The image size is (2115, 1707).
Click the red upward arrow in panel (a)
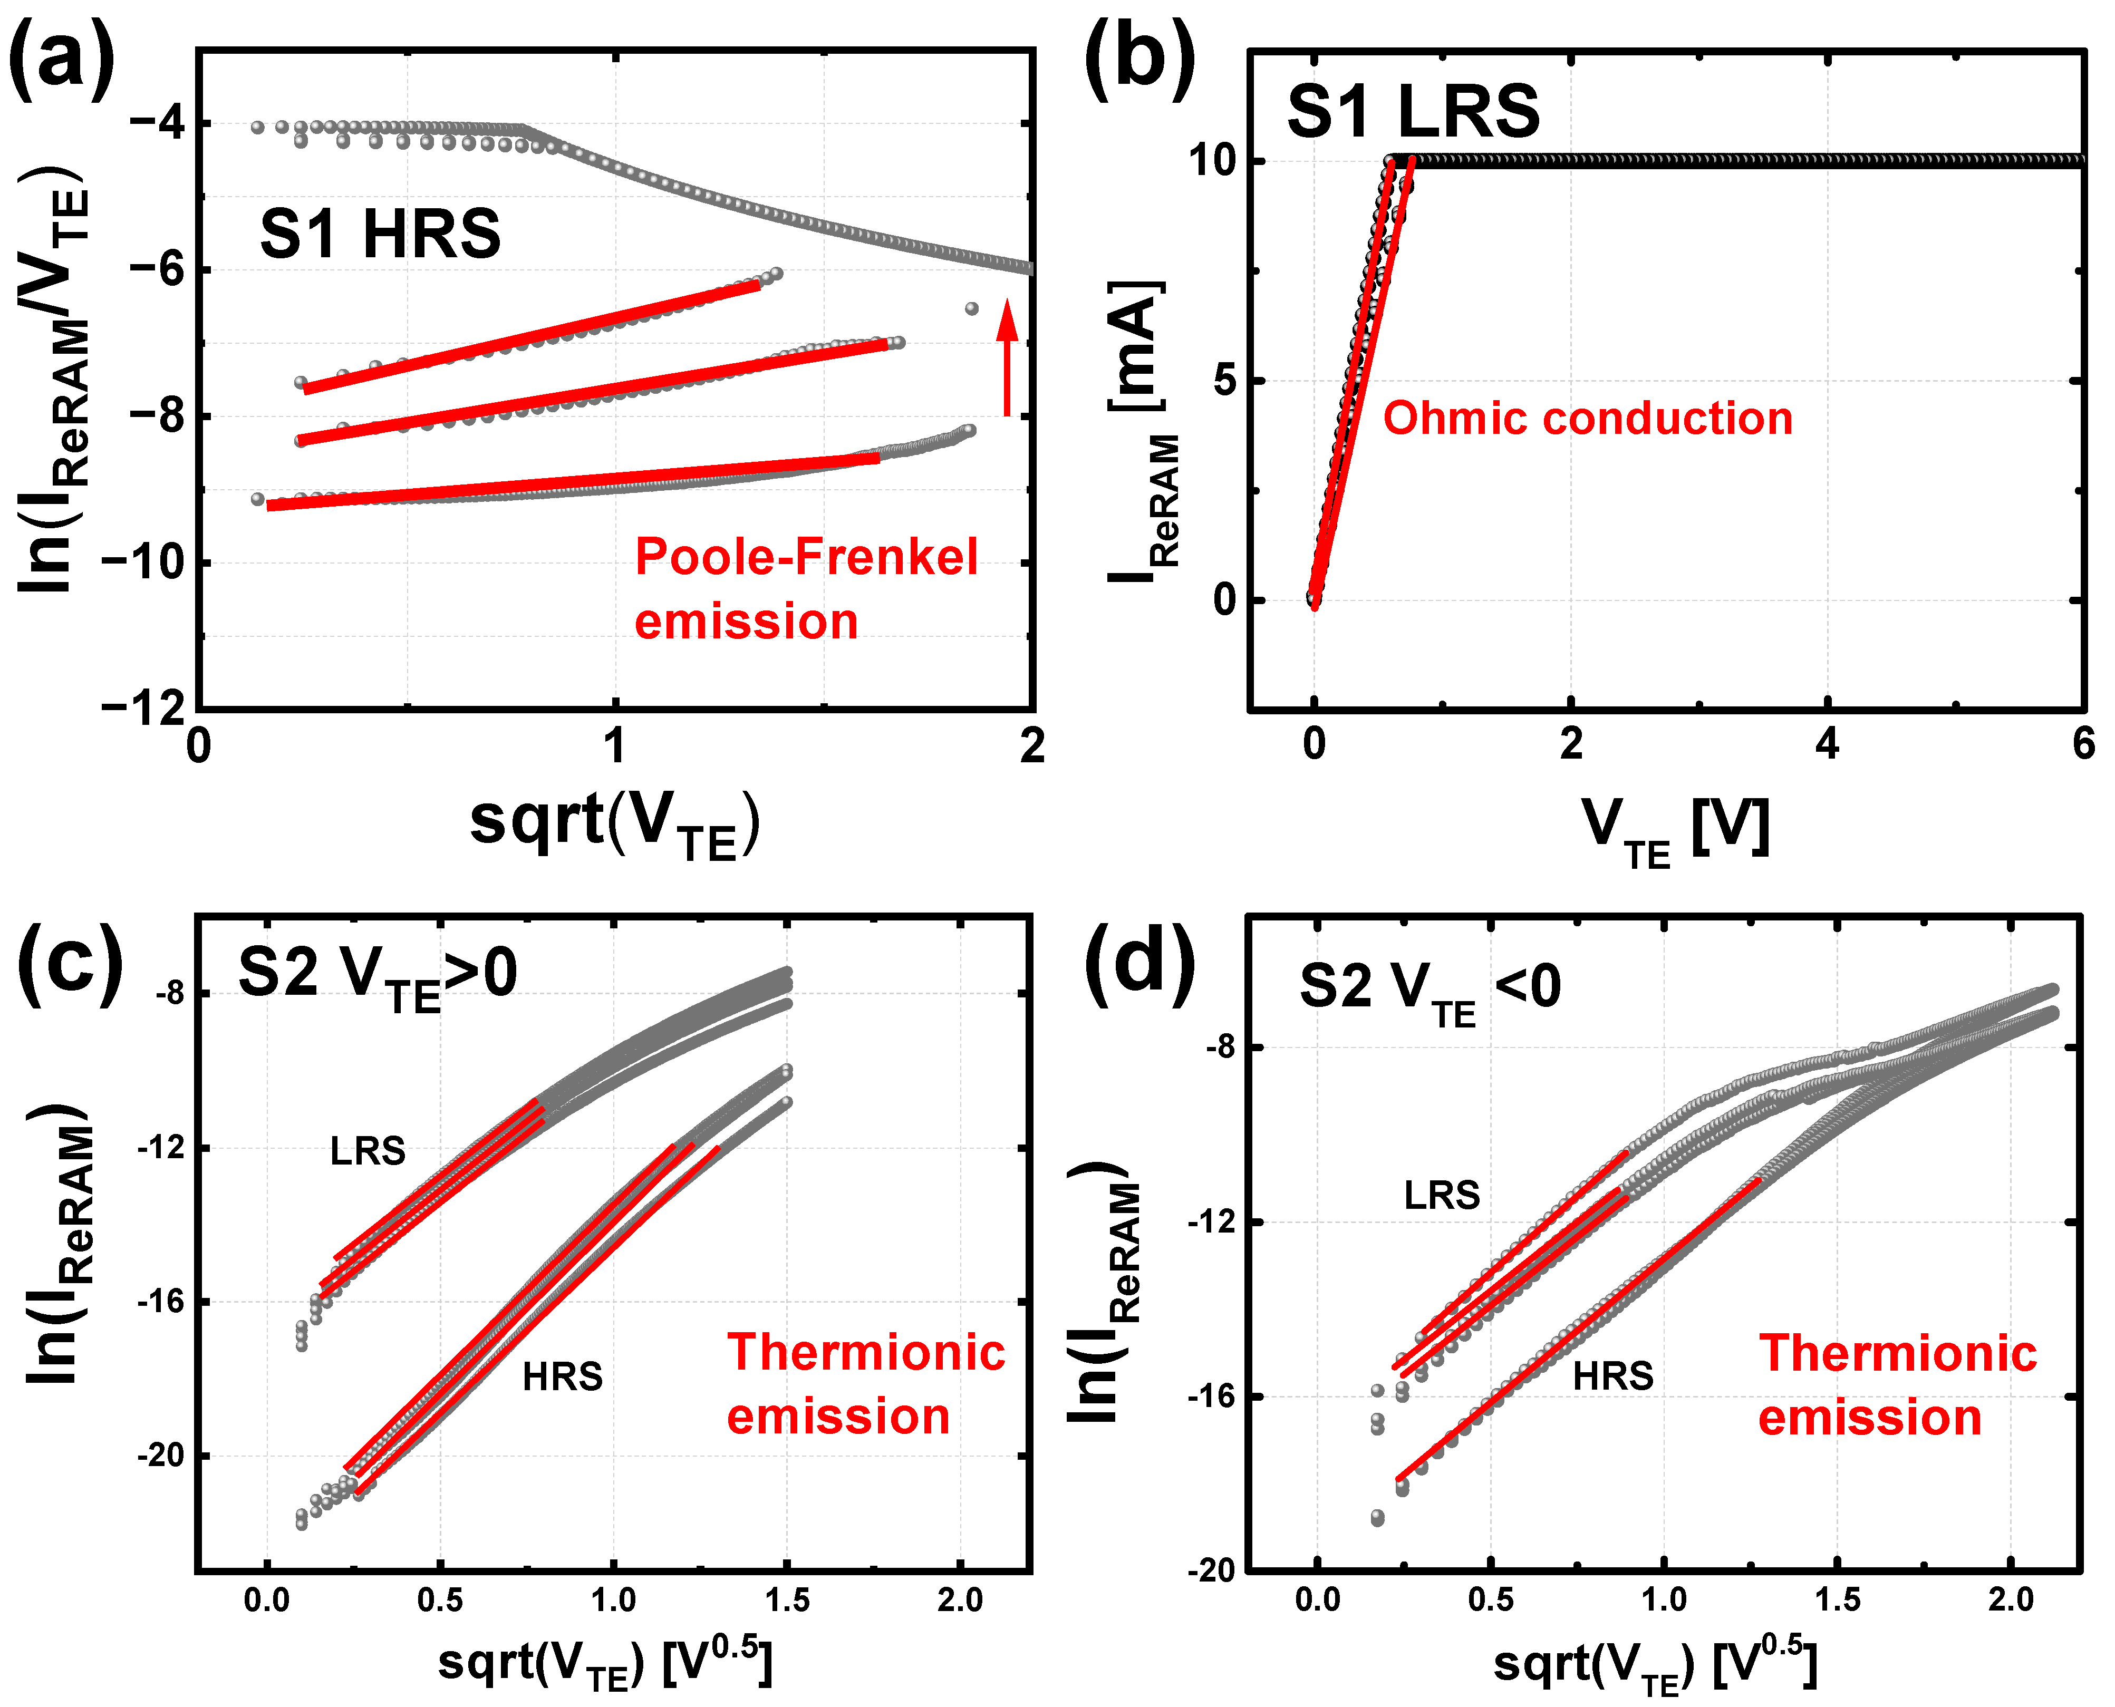click(1006, 359)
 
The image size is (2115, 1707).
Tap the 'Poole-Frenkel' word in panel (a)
click(806, 558)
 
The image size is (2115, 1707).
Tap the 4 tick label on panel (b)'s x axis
click(1827, 744)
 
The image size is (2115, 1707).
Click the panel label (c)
click(69, 966)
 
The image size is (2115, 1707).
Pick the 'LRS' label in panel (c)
click(368, 1150)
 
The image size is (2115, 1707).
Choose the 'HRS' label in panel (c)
click(563, 1376)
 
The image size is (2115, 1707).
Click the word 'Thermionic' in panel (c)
click(865, 1353)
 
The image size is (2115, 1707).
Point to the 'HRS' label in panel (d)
click(1612, 1376)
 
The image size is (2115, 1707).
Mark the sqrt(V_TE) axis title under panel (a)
click(614, 824)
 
